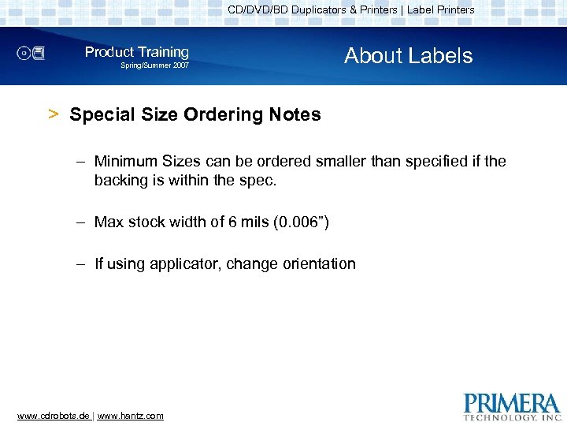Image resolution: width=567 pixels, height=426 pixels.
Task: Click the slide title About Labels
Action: tap(408, 56)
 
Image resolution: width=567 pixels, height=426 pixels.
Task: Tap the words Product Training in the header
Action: tap(137, 52)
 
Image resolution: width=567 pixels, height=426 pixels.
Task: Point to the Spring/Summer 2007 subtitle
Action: tap(154, 66)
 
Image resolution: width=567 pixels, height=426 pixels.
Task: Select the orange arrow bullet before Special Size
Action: tap(54, 114)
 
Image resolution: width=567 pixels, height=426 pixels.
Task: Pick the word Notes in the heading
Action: tap(295, 115)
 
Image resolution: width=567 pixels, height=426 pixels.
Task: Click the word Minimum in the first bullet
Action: tap(126, 162)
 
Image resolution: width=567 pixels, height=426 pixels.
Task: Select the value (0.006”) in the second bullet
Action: tap(300, 222)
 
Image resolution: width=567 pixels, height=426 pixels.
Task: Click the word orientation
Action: tap(313, 264)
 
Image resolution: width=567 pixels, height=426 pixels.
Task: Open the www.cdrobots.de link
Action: tap(53, 416)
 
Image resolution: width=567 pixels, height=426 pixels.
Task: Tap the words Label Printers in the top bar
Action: tap(441, 10)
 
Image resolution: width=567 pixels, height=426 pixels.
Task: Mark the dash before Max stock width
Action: tap(81, 222)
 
